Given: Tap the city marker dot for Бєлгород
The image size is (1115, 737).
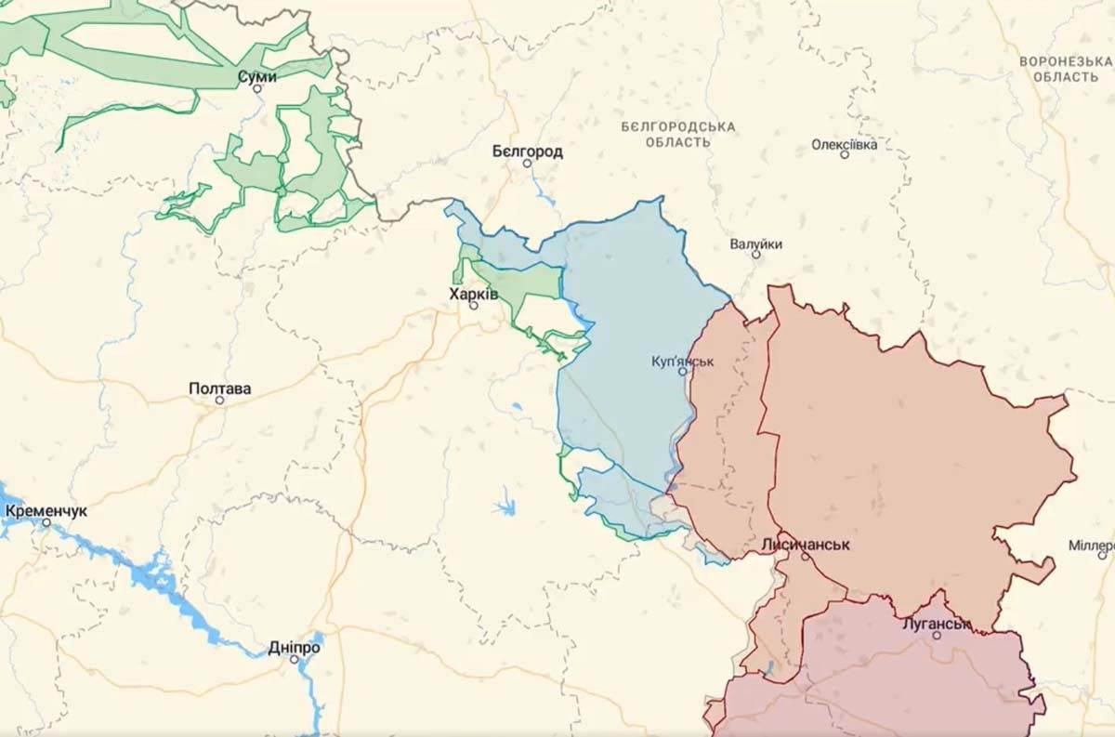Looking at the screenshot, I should (x=527, y=164).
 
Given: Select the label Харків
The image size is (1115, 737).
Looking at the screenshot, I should (x=474, y=293).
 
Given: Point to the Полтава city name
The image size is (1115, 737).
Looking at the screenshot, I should (x=219, y=388).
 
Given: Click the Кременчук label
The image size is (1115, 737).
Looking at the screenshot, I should (x=46, y=511).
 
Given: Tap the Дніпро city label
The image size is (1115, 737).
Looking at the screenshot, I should (x=294, y=647).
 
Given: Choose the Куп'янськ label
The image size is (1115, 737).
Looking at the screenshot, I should (x=683, y=361).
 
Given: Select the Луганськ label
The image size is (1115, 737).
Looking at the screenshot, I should (x=936, y=624).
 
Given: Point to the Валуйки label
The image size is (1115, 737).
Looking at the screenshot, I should (x=755, y=243).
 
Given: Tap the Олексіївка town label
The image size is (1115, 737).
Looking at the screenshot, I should (x=844, y=144).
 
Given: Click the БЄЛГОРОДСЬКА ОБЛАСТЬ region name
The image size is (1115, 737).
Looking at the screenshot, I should (x=677, y=134).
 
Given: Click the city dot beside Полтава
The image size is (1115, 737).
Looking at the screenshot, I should (x=220, y=401).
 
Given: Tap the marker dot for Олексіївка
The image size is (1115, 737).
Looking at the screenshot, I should (x=845, y=154).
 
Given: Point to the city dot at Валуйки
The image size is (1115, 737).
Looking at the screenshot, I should (x=755, y=254).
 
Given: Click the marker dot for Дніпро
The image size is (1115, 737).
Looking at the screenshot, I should (x=294, y=659).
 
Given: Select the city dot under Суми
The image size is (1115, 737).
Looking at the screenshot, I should (x=257, y=88).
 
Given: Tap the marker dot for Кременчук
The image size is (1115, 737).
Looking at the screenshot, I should (x=46, y=523).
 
